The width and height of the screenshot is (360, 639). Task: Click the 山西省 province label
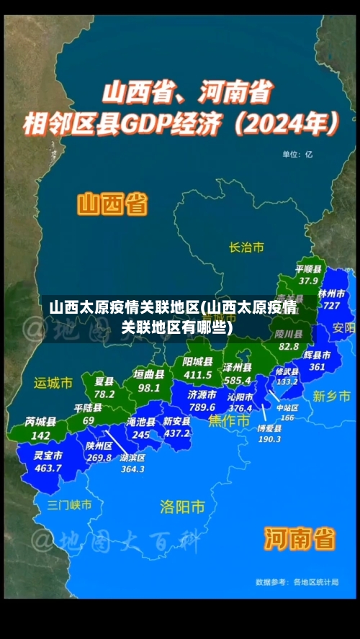point(112,204)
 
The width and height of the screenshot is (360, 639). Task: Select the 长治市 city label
point(246,248)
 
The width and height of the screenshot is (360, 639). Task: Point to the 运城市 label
point(53,383)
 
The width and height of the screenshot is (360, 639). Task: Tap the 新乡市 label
point(332,396)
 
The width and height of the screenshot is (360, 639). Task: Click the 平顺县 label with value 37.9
point(308,275)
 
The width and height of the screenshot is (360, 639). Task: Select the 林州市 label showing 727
point(331,299)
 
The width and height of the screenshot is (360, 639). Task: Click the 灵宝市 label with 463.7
point(48,461)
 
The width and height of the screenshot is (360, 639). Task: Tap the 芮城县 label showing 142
point(40,428)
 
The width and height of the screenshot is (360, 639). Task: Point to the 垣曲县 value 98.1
point(149,381)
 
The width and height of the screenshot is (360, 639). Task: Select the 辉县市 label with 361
point(317,361)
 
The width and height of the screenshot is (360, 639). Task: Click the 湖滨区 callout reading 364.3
point(132,463)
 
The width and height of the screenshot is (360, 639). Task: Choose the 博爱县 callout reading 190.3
point(269,433)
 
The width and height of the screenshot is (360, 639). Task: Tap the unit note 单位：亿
point(297,153)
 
